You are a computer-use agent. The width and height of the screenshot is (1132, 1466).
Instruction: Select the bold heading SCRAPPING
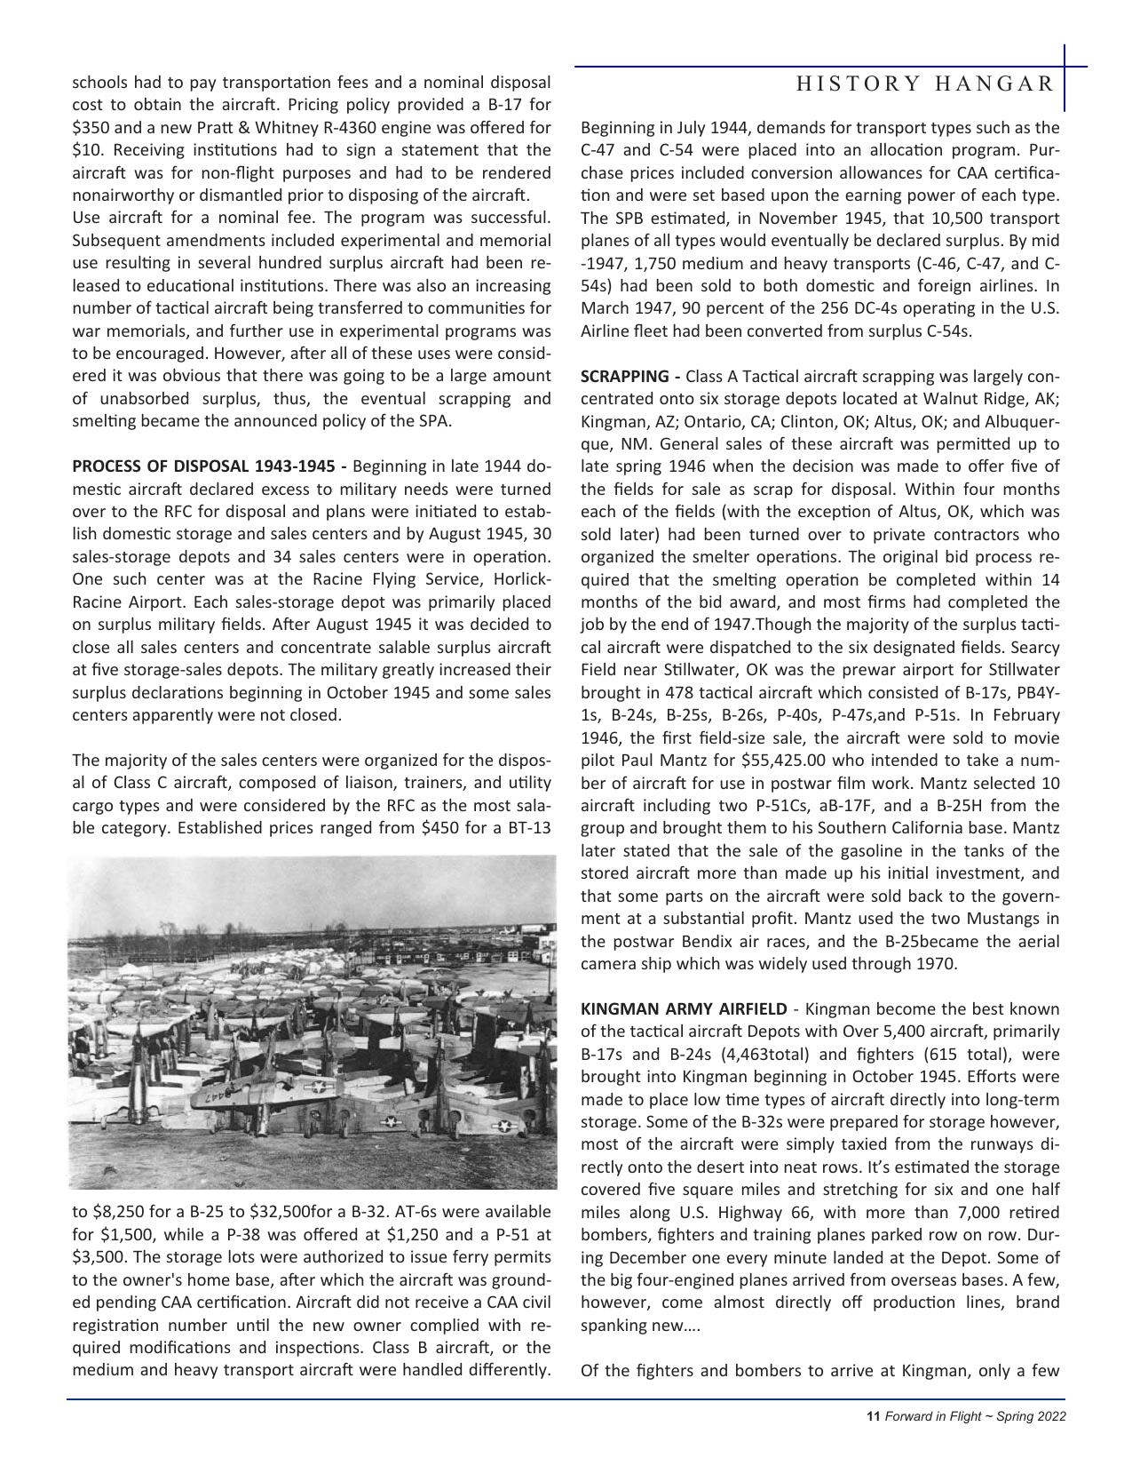click(x=618, y=376)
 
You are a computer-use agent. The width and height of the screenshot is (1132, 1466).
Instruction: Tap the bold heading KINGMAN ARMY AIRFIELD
click(x=683, y=1008)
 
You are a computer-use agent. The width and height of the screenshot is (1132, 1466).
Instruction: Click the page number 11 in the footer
click(x=873, y=1416)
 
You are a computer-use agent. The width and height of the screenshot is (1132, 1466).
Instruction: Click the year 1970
click(x=936, y=963)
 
